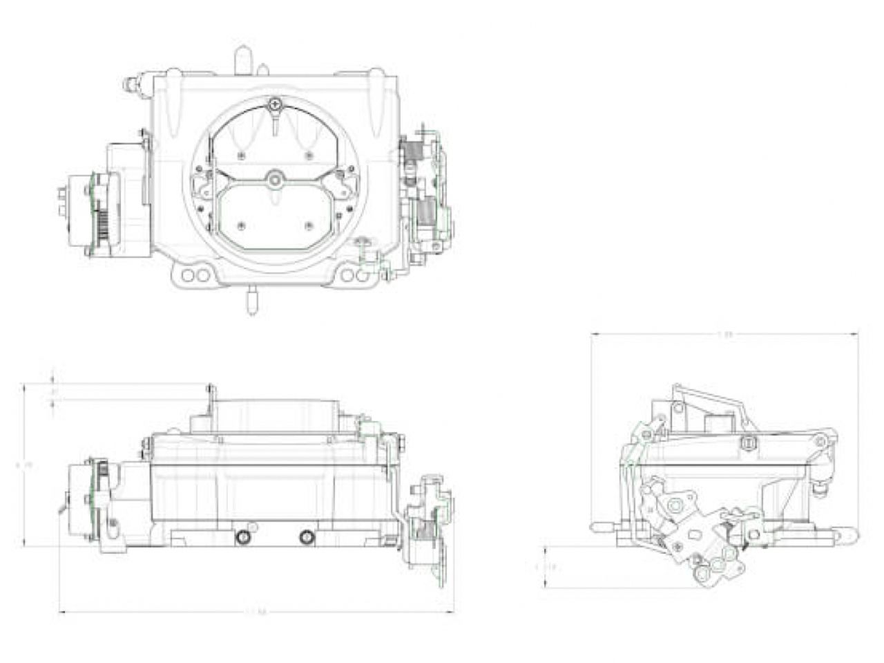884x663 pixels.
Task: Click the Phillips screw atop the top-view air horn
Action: click(x=276, y=105)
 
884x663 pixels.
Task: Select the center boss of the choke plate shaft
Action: click(x=276, y=180)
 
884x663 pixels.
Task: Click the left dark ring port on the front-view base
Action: click(x=242, y=537)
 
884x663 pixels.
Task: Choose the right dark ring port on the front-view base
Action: click(x=306, y=537)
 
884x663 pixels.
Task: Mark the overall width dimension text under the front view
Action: click(x=256, y=611)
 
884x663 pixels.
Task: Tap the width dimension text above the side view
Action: click(x=724, y=335)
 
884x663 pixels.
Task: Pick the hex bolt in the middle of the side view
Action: click(x=747, y=442)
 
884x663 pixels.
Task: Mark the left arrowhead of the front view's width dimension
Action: click(x=61, y=611)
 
